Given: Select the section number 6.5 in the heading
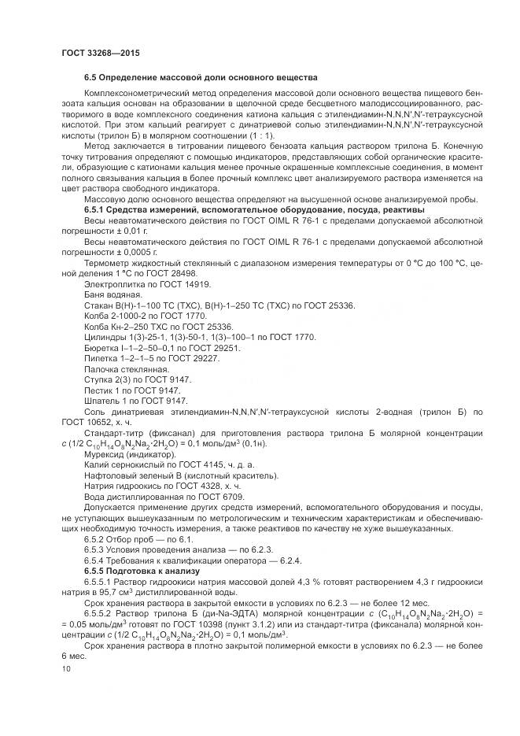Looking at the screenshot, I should click(x=92, y=78).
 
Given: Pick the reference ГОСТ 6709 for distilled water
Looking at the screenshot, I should click(x=228, y=496).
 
